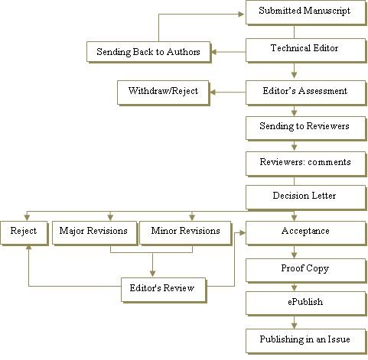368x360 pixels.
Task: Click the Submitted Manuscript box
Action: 306,12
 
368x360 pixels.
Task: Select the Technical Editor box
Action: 306,50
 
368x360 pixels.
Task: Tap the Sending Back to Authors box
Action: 148,52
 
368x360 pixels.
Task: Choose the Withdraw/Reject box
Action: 163,92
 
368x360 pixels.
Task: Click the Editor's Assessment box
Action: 306,92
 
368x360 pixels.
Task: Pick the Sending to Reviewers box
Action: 306,128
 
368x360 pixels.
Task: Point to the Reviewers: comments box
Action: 306,164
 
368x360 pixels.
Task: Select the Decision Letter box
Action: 306,197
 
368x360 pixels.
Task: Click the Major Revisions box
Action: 95,233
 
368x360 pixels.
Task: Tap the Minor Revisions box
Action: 186,233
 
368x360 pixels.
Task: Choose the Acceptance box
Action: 306,233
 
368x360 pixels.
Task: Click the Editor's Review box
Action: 164,290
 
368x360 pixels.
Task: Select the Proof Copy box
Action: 306,271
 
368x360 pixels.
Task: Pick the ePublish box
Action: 306,303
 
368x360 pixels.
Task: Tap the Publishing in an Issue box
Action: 306,341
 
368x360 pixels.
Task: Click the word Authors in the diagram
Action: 184,52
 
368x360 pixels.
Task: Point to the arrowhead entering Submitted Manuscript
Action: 241,14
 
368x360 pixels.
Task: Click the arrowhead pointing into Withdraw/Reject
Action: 213,92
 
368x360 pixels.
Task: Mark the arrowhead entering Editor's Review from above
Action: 152,274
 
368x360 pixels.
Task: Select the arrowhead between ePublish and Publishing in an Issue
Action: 294,326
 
